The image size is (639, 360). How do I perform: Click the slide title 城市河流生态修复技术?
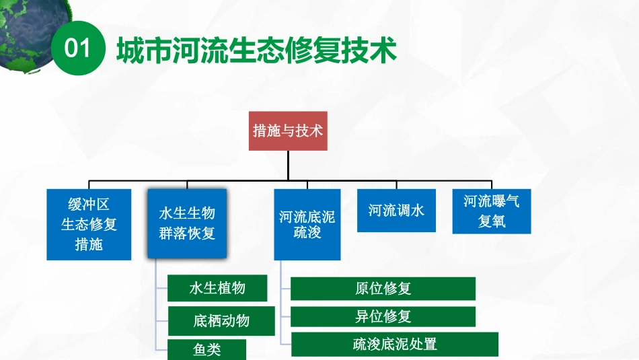[x=256, y=50]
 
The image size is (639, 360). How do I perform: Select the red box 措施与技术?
[x=288, y=131]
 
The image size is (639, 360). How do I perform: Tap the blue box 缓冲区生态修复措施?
[x=89, y=224]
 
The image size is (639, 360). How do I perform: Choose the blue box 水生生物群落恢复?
[x=187, y=224]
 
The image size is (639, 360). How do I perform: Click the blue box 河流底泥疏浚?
[x=307, y=225]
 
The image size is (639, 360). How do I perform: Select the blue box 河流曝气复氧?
[x=491, y=211]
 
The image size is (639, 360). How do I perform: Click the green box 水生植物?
[x=217, y=288]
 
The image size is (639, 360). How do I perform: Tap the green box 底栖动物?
[x=221, y=320]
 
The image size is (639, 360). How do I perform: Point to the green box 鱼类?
[x=206, y=349]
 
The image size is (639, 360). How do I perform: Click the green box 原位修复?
[x=383, y=288]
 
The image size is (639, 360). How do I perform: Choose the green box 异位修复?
[x=383, y=316]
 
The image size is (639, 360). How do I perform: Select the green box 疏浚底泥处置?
[x=395, y=344]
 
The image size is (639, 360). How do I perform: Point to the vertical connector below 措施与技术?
[x=288, y=166]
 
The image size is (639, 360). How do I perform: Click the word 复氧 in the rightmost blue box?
[x=491, y=221]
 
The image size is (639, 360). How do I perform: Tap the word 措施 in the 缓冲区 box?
[x=89, y=244]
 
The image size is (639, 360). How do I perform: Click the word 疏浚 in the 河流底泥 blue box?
[x=307, y=233]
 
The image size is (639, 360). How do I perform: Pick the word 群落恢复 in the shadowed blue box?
[x=187, y=233]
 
